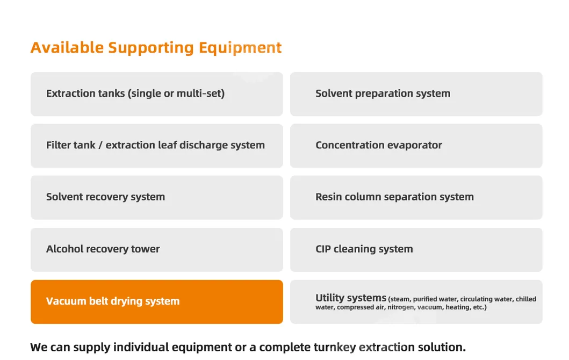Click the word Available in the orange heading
67,47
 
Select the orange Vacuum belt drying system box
157,301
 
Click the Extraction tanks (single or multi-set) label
135,93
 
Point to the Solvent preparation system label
383,93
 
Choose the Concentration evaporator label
379,145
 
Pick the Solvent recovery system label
106,197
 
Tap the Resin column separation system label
394,197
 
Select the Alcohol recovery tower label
103,249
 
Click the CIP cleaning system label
364,249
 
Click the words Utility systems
351,298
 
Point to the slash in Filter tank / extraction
100,145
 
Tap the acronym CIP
323,249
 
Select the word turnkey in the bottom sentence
335,348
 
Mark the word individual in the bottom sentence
141,347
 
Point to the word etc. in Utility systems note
479,307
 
